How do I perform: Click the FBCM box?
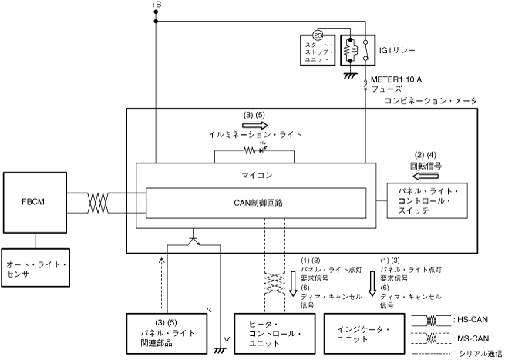click(x=35, y=202)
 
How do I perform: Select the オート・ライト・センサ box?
click(x=35, y=267)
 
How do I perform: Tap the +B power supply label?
click(x=156, y=5)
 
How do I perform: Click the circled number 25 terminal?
click(x=318, y=35)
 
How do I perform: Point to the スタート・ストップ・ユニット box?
click(x=318, y=51)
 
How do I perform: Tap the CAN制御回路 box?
click(x=256, y=203)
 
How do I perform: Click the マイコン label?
click(x=257, y=176)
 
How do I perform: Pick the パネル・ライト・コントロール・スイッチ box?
click(x=427, y=201)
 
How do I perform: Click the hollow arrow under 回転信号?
click(x=426, y=176)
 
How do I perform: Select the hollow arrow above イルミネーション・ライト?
click(x=255, y=125)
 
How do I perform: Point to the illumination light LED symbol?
click(x=262, y=149)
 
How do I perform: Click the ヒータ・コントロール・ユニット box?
click(x=274, y=334)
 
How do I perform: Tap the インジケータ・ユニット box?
click(x=364, y=334)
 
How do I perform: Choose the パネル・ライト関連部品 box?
click(x=167, y=334)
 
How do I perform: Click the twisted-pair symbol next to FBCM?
click(x=98, y=203)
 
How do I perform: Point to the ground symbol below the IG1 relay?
click(x=350, y=76)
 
